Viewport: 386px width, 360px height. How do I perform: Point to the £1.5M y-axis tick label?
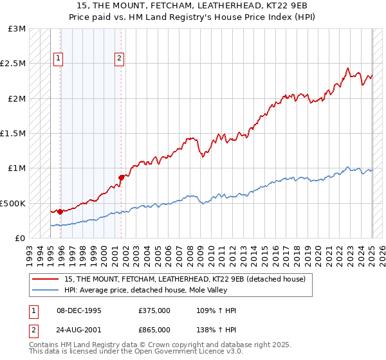[13, 134]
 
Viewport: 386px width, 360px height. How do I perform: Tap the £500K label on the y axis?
[13, 203]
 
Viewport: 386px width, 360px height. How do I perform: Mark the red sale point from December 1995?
[60, 212]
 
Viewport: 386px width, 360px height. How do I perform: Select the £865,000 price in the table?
[154, 329]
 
